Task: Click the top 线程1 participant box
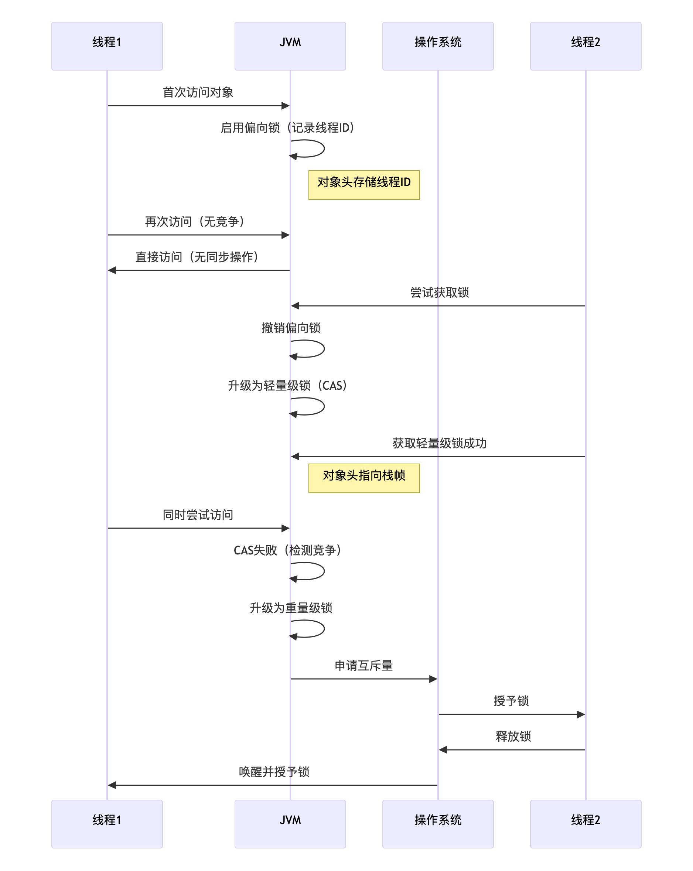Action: click(x=107, y=46)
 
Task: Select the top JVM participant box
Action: click(x=290, y=46)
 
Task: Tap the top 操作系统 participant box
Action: click(x=438, y=46)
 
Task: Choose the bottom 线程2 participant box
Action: click(x=585, y=823)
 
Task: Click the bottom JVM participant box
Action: click(x=290, y=823)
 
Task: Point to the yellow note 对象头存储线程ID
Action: click(x=363, y=185)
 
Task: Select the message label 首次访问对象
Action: click(x=198, y=92)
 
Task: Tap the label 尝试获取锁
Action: click(x=439, y=293)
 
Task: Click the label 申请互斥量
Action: click(x=363, y=665)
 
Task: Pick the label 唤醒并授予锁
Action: click(x=274, y=772)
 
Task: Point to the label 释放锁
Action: click(x=513, y=736)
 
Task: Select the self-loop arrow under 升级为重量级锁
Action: click(x=315, y=629)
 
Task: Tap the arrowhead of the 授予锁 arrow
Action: click(x=581, y=714)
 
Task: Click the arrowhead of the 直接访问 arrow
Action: click(x=112, y=270)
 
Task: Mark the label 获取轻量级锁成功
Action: click(x=439, y=443)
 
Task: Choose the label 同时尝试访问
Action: click(x=198, y=515)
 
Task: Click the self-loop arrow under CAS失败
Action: click(x=315, y=571)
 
